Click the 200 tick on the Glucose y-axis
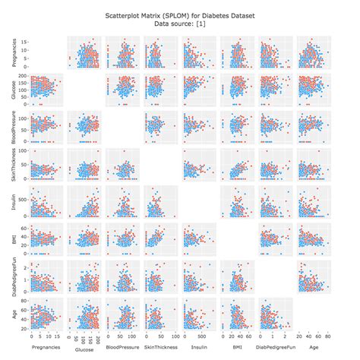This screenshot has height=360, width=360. [23, 77]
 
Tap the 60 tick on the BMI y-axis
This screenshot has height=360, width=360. [24, 228]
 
